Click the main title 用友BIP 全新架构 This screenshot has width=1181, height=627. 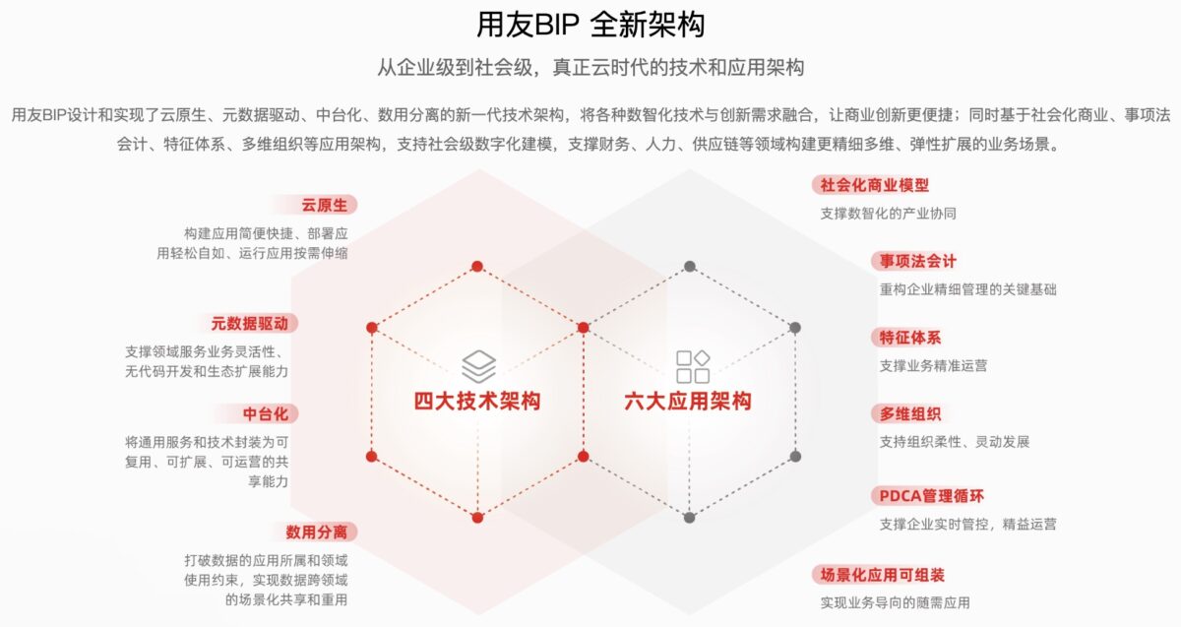(590, 25)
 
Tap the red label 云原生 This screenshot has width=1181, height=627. (324, 205)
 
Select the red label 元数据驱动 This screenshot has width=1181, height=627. (249, 323)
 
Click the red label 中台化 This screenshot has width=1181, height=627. (265, 414)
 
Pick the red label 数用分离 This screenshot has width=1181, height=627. (316, 533)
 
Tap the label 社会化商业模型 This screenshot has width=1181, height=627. (875, 185)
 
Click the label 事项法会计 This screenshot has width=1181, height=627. (918, 261)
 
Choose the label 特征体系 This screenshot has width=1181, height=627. (910, 338)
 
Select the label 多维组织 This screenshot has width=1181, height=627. (910, 414)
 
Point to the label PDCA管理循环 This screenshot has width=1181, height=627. (932, 496)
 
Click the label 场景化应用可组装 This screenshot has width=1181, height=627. (882, 575)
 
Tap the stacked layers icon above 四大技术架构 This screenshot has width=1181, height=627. (478, 366)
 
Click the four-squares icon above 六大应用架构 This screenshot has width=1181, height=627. (693, 366)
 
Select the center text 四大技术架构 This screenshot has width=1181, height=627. (477, 401)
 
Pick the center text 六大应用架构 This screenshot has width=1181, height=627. (688, 401)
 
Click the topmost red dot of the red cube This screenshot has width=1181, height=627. (477, 267)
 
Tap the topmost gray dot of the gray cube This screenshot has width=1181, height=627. (690, 267)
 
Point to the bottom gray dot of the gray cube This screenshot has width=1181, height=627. (689, 518)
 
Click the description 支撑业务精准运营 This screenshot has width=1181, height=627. (933, 365)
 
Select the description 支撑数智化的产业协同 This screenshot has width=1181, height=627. (889, 213)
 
